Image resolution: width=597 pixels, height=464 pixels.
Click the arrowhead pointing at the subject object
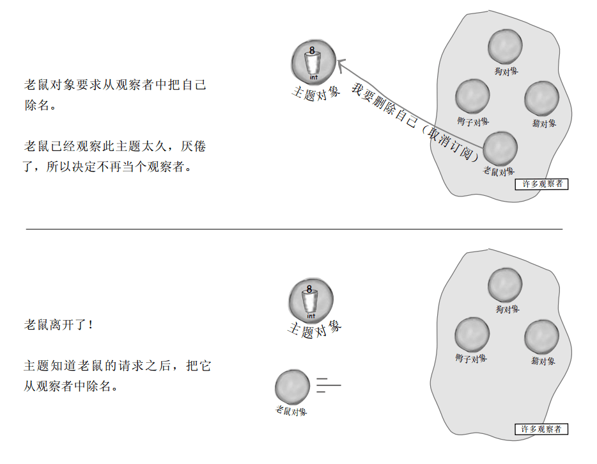click(341, 63)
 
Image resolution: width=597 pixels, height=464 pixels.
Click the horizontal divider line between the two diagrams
click(294, 228)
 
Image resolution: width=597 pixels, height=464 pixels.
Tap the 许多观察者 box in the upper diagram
click(541, 184)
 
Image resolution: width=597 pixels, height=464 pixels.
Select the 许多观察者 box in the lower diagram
click(541, 429)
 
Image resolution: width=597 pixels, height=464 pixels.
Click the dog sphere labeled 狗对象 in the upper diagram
click(506, 47)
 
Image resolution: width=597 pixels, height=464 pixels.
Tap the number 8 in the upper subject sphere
click(312, 50)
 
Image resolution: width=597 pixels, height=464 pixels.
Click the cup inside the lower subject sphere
click(311, 301)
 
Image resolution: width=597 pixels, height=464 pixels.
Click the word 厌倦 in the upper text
click(194, 147)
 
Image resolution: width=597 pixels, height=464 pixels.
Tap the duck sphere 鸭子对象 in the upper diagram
click(472, 97)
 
